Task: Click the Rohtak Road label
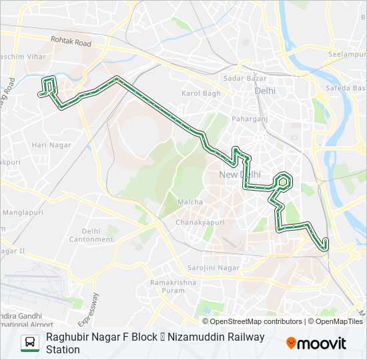[73, 43]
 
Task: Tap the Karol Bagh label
[201, 93]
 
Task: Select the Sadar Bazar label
[241, 78]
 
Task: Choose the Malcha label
[186, 202]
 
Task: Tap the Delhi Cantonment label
[87, 235]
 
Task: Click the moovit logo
[316, 343]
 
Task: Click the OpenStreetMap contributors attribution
[246, 321]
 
